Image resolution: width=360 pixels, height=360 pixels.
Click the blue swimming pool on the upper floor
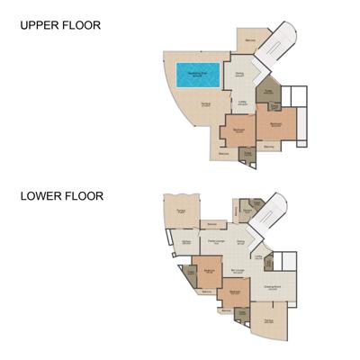point(198,75)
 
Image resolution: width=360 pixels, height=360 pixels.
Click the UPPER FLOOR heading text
point(61,25)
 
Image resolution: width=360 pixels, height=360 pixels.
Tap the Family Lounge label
point(216,242)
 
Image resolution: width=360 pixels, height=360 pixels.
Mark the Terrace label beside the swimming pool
point(206,105)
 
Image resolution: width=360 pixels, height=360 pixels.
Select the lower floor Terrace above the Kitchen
point(181,211)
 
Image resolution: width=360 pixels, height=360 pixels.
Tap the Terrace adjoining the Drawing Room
point(268,321)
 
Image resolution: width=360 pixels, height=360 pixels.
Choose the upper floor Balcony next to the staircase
point(251,37)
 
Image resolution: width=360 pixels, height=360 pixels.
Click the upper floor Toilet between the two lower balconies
point(247,155)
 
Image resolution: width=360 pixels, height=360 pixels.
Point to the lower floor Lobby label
point(258,258)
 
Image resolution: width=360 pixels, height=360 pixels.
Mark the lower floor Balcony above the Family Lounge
point(212,224)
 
